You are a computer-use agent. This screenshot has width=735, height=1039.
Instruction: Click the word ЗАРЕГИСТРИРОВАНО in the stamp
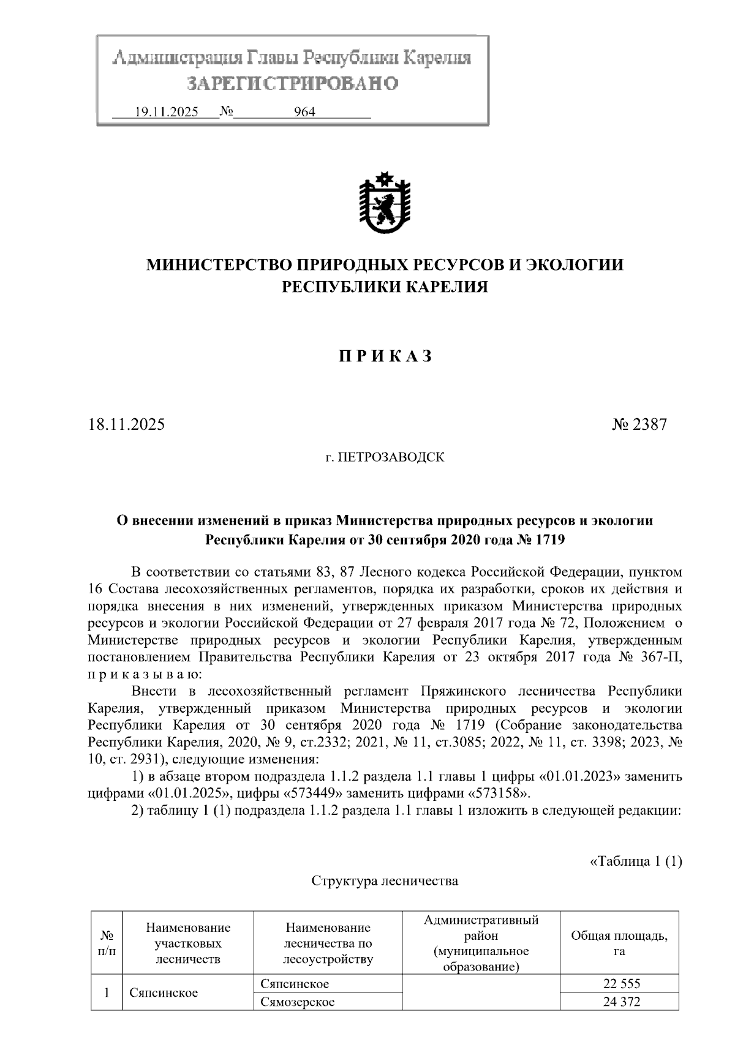pyautogui.click(x=292, y=83)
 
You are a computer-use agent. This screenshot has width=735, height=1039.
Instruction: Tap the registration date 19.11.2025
pyautogui.click(x=166, y=112)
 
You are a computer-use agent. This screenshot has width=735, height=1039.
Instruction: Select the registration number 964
pyautogui.click(x=304, y=112)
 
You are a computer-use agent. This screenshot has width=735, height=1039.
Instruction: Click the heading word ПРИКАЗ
pyautogui.click(x=385, y=357)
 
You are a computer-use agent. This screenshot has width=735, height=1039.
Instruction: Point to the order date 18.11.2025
pyautogui.click(x=126, y=424)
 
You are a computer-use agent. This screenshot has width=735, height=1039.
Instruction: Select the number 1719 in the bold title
pyautogui.click(x=549, y=541)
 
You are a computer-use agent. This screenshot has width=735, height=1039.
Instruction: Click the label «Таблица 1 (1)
pyautogui.click(x=635, y=861)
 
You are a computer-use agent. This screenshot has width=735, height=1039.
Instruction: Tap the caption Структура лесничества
pyautogui.click(x=385, y=881)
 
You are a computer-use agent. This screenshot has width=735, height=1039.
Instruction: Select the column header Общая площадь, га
pyautogui.click(x=619, y=943)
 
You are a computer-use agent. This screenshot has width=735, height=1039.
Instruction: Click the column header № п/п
pyautogui.click(x=107, y=943)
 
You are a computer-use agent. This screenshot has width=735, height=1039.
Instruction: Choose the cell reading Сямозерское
pyautogui.click(x=298, y=1002)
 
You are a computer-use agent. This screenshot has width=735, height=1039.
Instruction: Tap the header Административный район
pyautogui.click(x=481, y=928)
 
